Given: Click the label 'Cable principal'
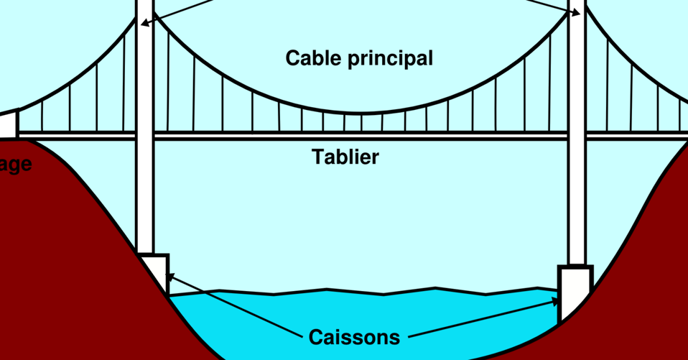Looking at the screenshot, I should tap(359, 58).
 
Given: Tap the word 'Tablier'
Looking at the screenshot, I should tap(345, 157).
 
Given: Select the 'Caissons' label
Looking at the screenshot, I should tap(353, 337).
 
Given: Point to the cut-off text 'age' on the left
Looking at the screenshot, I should tap(16, 165).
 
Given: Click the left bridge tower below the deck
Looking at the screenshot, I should tap(145, 194).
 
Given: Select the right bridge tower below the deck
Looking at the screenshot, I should tap(577, 201).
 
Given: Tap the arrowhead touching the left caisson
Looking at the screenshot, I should tap(169, 276).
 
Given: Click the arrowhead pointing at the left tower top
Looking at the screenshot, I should tap(144, 23).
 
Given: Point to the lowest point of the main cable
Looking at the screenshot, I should tap(359, 114).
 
